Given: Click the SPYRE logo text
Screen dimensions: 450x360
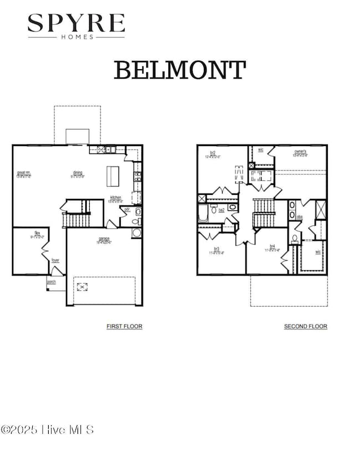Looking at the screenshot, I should [x=76, y=24].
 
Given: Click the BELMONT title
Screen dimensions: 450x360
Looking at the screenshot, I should [x=180, y=71].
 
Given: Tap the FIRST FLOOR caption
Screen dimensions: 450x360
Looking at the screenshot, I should [x=125, y=327].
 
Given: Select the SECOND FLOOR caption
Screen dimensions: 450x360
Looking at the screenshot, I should [x=305, y=327].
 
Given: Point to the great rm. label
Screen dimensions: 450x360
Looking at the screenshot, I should [x=24, y=174].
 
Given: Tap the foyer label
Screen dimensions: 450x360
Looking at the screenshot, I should [x=55, y=260].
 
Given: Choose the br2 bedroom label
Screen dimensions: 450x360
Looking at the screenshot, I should [x=213, y=153].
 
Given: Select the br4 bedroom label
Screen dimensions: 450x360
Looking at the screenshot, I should [x=272, y=247].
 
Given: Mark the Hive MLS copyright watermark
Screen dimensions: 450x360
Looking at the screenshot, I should [x=47, y=430].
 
